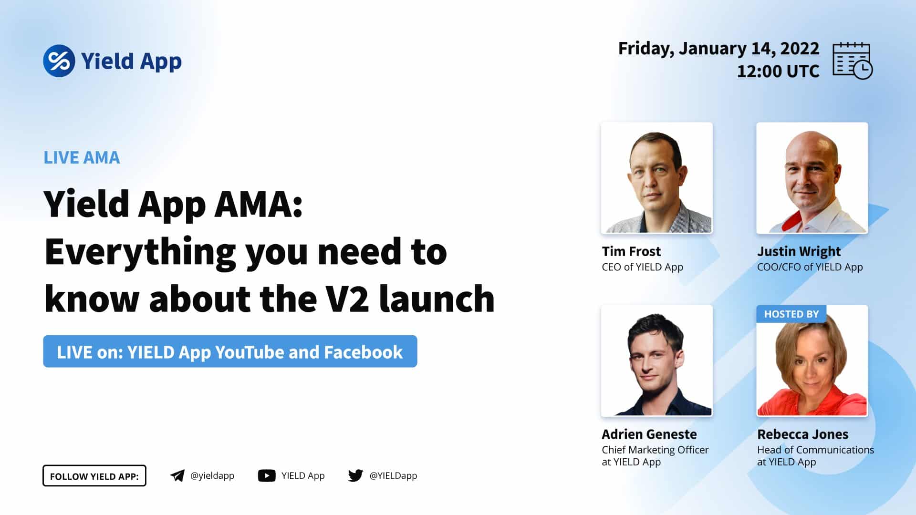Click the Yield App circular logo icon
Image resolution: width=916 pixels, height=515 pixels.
click(x=59, y=61)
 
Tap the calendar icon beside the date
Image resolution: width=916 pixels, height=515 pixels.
click(x=853, y=61)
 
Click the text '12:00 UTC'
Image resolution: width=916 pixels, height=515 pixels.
click(x=778, y=72)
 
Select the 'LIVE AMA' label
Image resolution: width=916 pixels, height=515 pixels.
click(x=82, y=157)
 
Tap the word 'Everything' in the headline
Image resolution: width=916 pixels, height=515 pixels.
click(x=140, y=253)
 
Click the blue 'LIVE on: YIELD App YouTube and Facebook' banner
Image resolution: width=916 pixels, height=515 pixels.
click(x=230, y=351)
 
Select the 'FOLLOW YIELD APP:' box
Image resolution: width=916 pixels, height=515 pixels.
click(x=94, y=476)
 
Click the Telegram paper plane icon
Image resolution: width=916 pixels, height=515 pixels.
click(x=177, y=475)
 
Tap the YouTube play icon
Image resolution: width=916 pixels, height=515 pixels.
click(x=267, y=475)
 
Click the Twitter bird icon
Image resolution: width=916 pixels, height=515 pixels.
click(x=355, y=475)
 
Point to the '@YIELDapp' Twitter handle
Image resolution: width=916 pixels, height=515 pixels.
click(x=393, y=475)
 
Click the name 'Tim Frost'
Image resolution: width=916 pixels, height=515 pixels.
click(x=631, y=251)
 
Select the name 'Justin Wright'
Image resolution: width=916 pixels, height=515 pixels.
click(x=799, y=252)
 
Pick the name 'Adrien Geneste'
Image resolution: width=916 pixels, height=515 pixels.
click(x=649, y=434)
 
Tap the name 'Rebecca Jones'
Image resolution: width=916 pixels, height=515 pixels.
click(x=803, y=434)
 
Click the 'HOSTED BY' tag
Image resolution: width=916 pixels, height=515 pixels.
click(x=791, y=314)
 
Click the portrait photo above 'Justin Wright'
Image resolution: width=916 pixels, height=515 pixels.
click(x=812, y=178)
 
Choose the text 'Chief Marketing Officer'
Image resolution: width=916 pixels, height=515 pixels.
click(x=655, y=450)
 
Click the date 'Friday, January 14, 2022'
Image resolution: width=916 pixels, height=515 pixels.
click(x=718, y=49)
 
